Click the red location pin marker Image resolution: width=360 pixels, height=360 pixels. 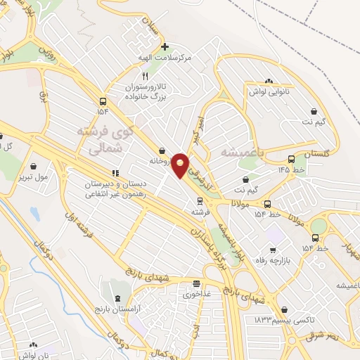click(x=180, y=165)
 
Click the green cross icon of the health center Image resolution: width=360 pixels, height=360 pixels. click(x=165, y=47)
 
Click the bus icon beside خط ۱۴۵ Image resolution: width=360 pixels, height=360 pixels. click(x=291, y=159)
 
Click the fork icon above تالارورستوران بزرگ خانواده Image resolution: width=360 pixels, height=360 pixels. click(x=145, y=75)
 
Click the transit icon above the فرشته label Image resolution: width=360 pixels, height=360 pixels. click(x=200, y=201)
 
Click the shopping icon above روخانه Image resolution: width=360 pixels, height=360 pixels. click(x=162, y=150)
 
